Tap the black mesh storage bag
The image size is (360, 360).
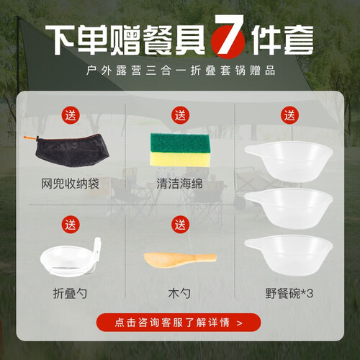point(72,150)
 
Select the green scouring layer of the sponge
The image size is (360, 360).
point(180,143)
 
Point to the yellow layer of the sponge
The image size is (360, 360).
point(180,158)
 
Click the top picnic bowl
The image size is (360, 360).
point(289,161)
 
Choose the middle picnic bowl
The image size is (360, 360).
point(289,208)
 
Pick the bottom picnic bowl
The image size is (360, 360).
point(289,255)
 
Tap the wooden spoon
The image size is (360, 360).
point(180,259)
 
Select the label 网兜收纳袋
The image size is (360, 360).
point(70,184)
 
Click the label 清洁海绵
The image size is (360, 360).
point(179,184)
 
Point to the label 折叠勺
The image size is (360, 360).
point(70,293)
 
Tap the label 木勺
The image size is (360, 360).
point(179,293)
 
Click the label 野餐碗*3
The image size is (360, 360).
point(289,293)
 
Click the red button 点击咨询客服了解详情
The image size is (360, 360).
point(179,323)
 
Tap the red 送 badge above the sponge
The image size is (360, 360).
point(180,115)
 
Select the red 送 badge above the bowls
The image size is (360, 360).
point(289,115)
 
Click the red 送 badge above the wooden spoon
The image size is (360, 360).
point(180,225)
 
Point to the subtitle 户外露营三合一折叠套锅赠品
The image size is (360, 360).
point(181,71)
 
